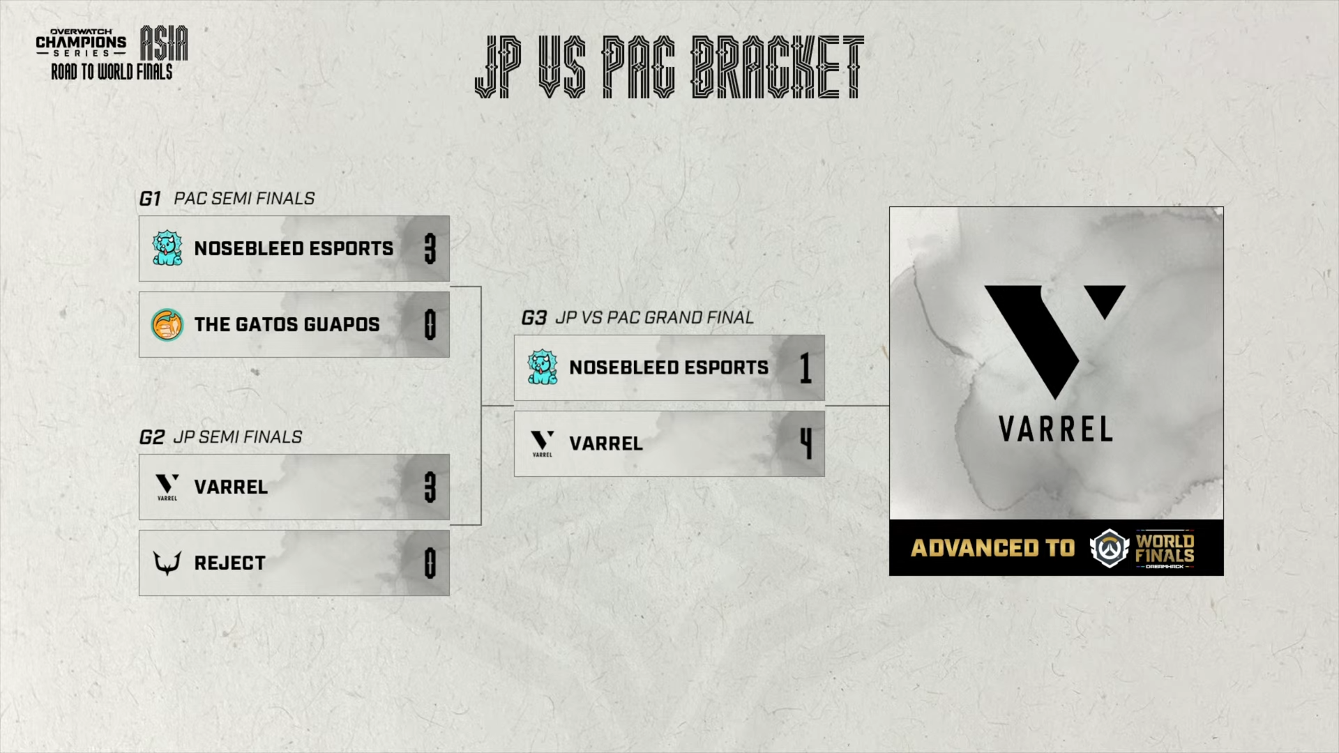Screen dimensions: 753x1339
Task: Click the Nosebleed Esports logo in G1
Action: point(167,248)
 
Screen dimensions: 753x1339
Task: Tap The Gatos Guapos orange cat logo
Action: point(167,325)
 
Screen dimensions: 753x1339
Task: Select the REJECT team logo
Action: point(167,563)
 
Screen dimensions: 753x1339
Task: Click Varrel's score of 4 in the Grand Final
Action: point(806,443)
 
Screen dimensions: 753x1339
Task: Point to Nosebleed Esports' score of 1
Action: point(806,367)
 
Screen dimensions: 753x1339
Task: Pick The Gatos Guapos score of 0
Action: point(430,325)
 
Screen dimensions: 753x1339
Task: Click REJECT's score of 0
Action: point(430,563)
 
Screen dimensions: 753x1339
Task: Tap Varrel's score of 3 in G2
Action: point(430,487)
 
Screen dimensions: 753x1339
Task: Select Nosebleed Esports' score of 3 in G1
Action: point(430,248)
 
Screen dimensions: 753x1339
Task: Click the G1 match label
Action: point(150,199)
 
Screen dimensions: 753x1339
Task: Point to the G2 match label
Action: point(151,438)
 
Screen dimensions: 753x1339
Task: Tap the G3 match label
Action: point(534,319)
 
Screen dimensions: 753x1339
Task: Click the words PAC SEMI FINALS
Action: point(244,199)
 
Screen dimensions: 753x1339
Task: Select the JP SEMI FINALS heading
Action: point(238,437)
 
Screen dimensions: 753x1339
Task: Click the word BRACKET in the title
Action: point(777,68)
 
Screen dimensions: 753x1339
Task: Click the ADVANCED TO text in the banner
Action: point(992,548)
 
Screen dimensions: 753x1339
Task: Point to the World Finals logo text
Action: point(1164,548)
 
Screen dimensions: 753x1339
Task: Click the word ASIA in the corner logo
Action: point(164,44)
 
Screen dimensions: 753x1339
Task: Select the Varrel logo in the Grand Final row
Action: point(542,443)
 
